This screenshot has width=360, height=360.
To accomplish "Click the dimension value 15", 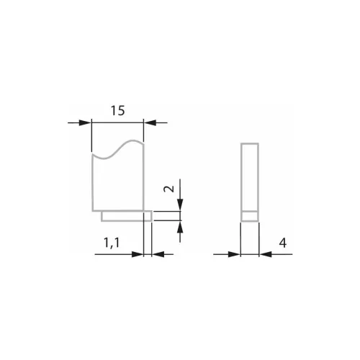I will pos(119,110).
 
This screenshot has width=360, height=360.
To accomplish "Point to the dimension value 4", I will pos(284,244).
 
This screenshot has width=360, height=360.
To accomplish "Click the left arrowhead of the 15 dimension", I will pos(88,123).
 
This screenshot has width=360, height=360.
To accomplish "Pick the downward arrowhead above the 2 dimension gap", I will pos(179,206).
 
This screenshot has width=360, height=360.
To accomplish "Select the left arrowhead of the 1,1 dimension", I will pos(138,254).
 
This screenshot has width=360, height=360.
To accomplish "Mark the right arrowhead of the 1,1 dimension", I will pos(157,254).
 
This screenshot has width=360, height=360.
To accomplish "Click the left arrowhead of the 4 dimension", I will pos(235,254).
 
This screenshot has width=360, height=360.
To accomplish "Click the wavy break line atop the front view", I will pos(119,149).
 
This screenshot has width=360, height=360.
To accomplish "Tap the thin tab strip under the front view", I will pos(126,215).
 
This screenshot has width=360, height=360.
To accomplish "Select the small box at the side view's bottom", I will pos(248,215).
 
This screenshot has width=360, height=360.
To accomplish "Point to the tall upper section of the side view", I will pos(248,176).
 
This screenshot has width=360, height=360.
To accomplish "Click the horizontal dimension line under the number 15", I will pos(119,123).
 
